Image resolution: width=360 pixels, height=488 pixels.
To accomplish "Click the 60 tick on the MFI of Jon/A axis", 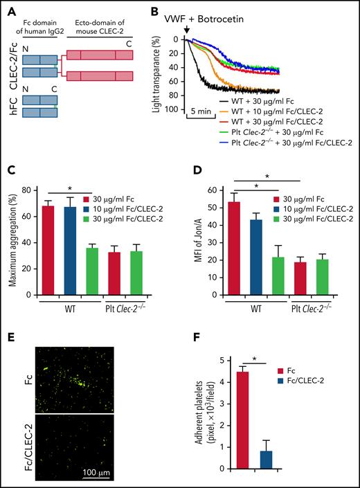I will point(222,188).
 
